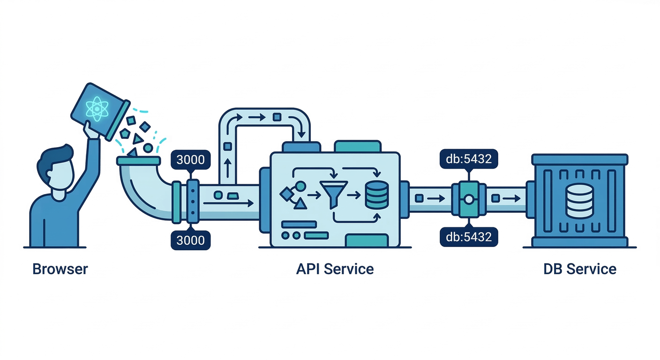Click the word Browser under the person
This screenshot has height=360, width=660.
60,269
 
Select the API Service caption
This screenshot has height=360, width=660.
335,269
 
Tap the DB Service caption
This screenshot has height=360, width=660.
579,269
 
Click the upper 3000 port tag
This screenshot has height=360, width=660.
190,159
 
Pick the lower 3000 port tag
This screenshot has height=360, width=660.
190,240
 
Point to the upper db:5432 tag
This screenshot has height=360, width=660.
468,159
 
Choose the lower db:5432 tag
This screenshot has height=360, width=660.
468,237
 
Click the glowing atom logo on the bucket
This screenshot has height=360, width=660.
97,108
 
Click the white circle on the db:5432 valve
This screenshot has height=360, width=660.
468,200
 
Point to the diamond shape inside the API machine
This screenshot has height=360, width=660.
285,193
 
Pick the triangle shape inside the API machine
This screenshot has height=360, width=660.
300,203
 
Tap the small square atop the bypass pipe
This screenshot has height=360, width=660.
277,117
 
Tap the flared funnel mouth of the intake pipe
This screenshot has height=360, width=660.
139,161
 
